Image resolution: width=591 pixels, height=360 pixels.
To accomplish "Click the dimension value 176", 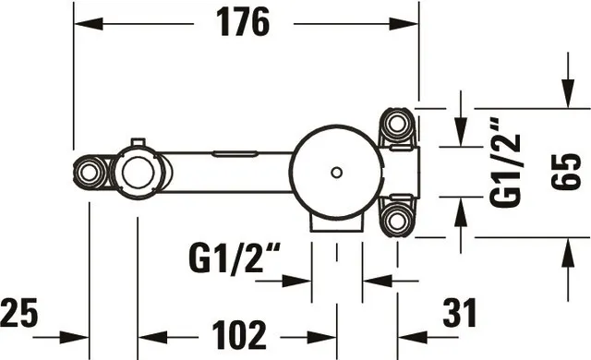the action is click(x=243, y=22).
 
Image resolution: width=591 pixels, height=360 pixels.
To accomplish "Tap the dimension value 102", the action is click(x=239, y=335).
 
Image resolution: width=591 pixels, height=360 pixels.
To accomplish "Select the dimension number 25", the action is click(x=18, y=312).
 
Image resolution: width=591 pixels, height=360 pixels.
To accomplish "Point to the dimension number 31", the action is click(x=460, y=312).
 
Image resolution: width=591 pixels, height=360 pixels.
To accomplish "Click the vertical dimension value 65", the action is click(x=566, y=172).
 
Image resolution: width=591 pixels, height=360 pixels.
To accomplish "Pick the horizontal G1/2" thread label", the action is click(x=235, y=258).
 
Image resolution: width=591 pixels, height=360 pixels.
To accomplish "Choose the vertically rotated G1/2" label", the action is click(x=505, y=162).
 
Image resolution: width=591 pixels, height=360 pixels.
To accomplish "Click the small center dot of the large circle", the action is click(x=336, y=173).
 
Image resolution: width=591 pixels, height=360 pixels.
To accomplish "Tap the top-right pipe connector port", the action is click(x=397, y=124).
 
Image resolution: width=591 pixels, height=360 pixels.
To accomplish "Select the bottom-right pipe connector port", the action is click(x=397, y=221).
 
